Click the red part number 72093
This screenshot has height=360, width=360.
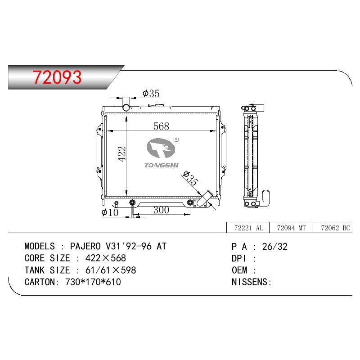pos(57,77)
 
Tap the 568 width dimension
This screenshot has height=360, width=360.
pos(161,126)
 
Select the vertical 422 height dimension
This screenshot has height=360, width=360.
pos(122,154)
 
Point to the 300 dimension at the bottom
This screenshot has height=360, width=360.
pos(161,210)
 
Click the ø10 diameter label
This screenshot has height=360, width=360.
pos(110,212)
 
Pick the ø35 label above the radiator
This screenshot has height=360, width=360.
pos(151,94)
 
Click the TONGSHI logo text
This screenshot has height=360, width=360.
pos(162,165)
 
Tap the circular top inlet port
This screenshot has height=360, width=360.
pos(126,107)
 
